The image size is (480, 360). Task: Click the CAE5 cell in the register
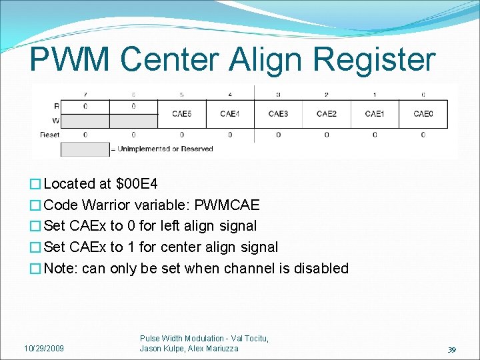[x=181, y=114]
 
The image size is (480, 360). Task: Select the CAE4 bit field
[x=230, y=114]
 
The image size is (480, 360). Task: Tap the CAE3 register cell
[x=278, y=114]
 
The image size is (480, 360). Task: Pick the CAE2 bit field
[x=327, y=114]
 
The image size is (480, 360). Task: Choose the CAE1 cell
[x=375, y=114]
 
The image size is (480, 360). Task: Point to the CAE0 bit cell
[x=423, y=114]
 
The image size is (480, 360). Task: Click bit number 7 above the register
[x=85, y=94]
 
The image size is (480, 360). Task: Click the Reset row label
[x=50, y=135]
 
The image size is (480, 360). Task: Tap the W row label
[x=55, y=121]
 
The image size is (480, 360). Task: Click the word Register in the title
[x=373, y=61]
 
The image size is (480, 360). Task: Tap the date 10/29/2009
[x=44, y=349]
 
